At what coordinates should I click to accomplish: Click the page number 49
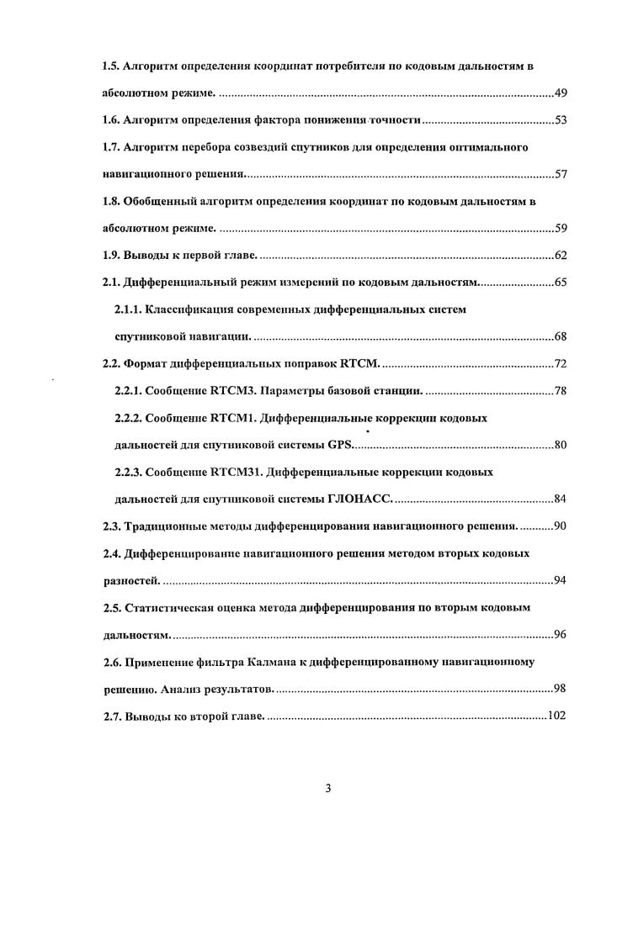coord(560,92)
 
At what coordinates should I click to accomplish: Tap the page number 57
coord(560,175)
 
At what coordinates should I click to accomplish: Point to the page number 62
coord(560,256)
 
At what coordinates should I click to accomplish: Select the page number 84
coord(560,499)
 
